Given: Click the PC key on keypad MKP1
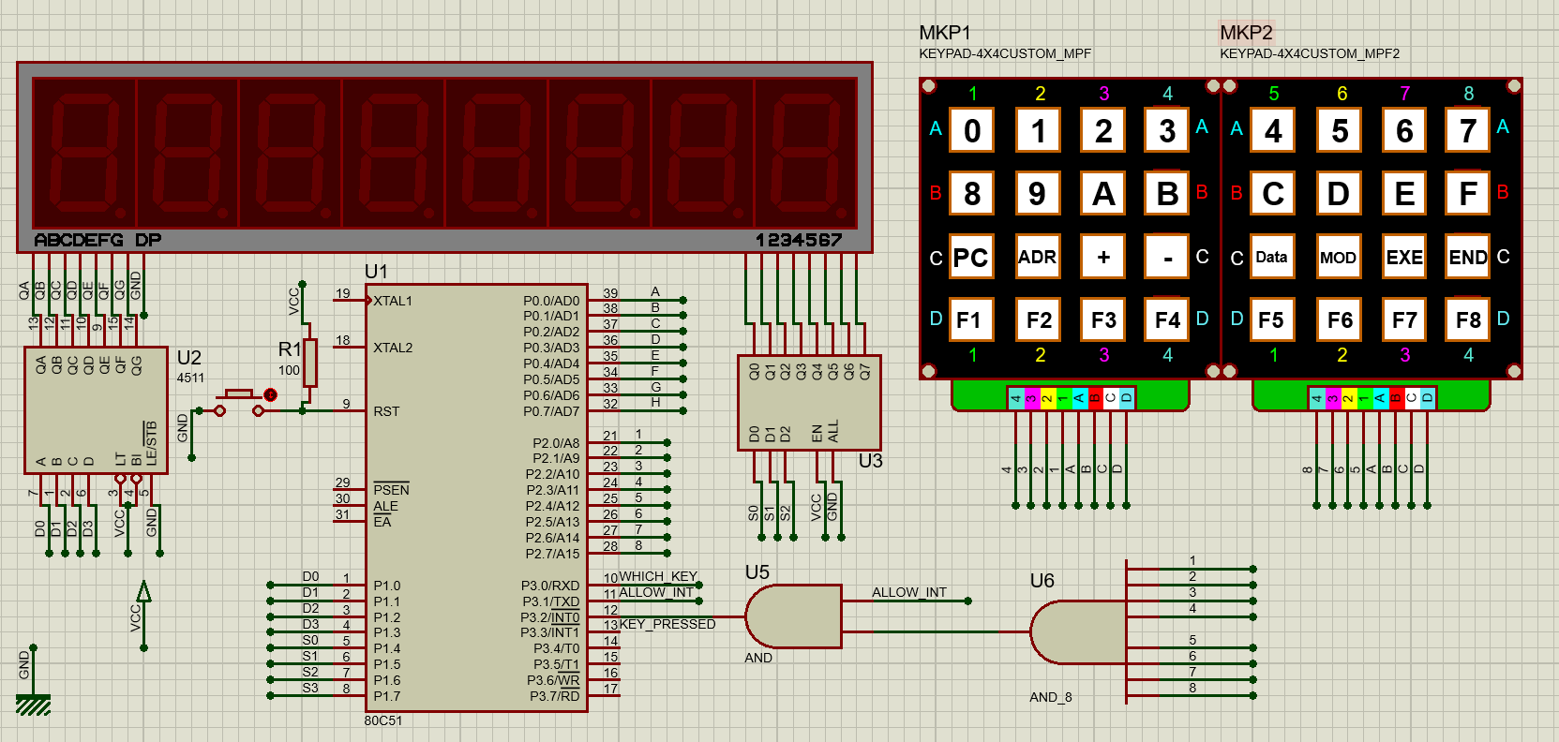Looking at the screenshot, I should (970, 257).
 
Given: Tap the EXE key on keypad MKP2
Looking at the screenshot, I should (1404, 257).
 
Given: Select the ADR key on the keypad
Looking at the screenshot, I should (1038, 257).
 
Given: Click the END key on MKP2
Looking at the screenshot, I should (1467, 257).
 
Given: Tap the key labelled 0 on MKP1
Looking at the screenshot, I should (972, 130).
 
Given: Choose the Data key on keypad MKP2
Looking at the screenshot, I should (1271, 257).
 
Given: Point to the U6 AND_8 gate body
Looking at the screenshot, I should (1078, 631).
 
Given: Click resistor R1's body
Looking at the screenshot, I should (309, 363).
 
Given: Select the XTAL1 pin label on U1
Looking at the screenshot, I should (393, 301).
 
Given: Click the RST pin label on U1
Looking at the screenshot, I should (386, 411).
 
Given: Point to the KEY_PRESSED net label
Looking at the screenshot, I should (667, 624).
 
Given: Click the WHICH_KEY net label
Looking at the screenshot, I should (658, 576).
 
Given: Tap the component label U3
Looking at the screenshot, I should (870, 461).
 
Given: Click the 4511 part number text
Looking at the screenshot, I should (190, 378).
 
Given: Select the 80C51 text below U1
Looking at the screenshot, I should (383, 720).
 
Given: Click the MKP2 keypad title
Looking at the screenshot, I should (1246, 33).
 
